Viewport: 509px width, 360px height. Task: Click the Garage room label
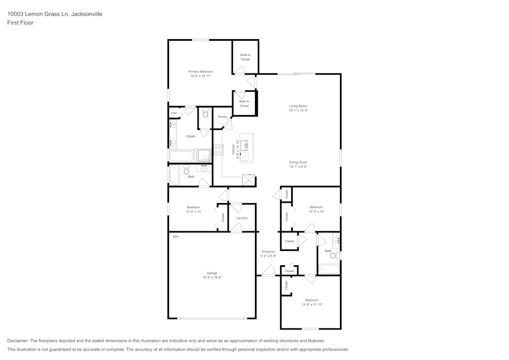pyautogui.click(x=212, y=273)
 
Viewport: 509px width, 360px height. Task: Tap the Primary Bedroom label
pyautogui.click(x=201, y=72)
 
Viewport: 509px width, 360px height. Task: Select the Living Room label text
pyautogui.click(x=298, y=106)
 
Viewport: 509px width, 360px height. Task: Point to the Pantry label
pyautogui.click(x=222, y=117)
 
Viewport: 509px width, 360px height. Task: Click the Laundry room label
pyautogui.click(x=242, y=218)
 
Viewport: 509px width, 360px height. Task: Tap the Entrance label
pyautogui.click(x=268, y=252)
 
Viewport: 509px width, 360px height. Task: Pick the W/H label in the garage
pyautogui.click(x=175, y=237)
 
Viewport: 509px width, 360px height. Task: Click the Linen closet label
pyautogui.click(x=174, y=113)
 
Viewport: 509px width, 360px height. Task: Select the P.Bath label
pyautogui.click(x=191, y=136)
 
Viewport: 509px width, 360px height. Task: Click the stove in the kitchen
pyautogui.click(x=218, y=150)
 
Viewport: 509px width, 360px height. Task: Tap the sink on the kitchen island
pyautogui.click(x=246, y=146)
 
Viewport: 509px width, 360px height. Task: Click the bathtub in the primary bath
pyautogui.click(x=182, y=156)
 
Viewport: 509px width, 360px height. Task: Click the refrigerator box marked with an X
pyautogui.click(x=249, y=180)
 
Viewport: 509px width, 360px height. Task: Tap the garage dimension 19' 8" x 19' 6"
pyautogui.click(x=212, y=278)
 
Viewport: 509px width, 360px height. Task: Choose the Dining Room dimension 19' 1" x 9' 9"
pyautogui.click(x=298, y=167)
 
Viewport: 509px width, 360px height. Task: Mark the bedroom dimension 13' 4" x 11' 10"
pyautogui.click(x=312, y=304)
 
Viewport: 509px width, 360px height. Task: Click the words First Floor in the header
pyautogui.click(x=20, y=23)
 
